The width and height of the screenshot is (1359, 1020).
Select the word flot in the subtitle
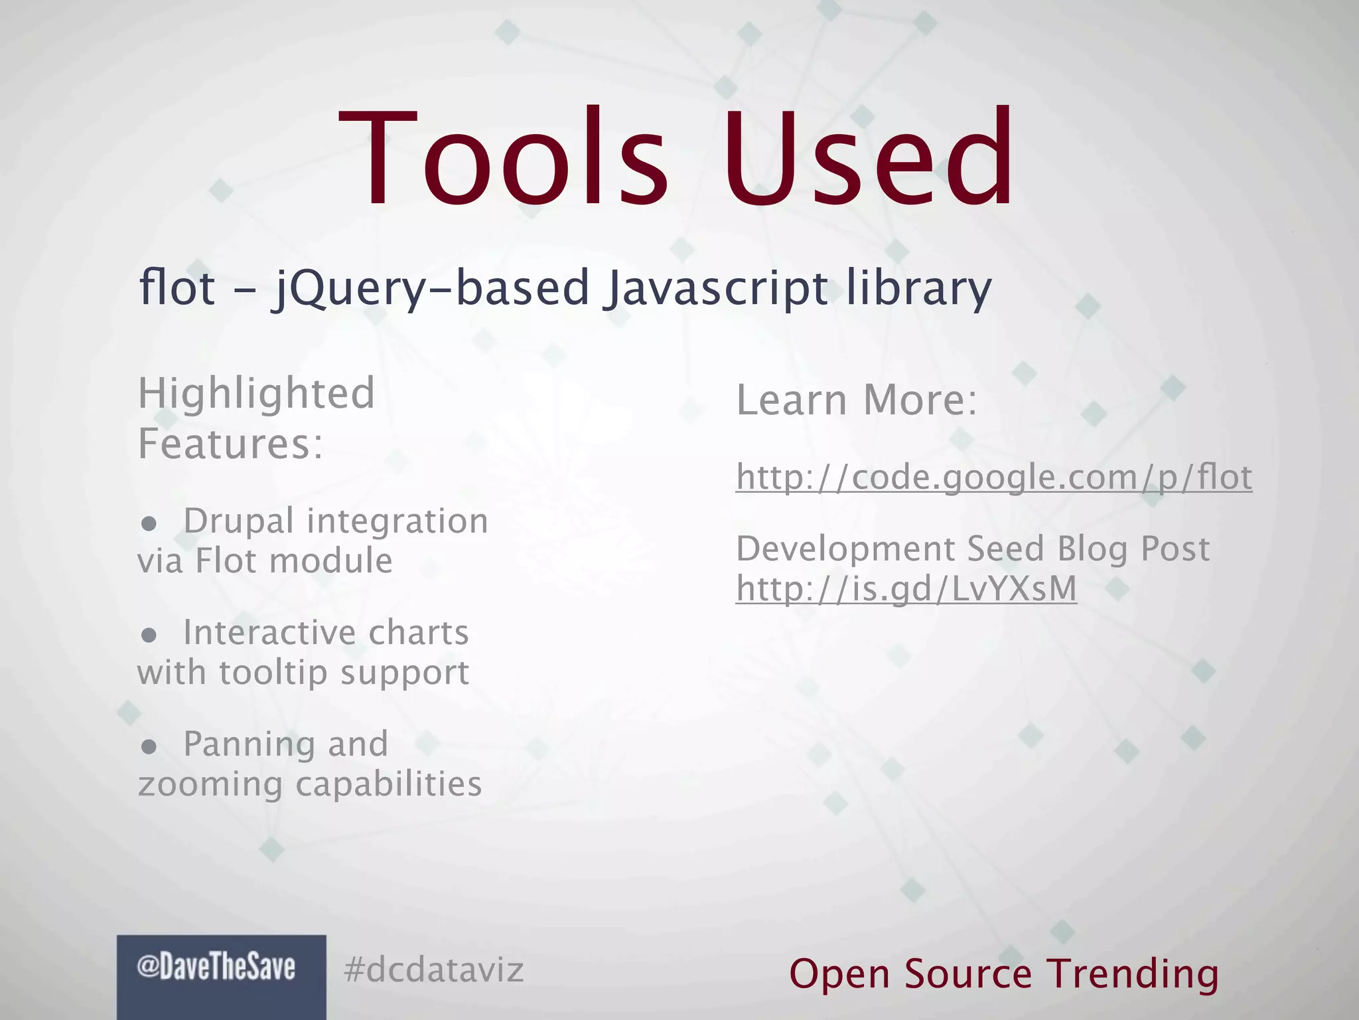[177, 288]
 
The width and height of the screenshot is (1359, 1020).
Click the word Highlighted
[256, 394]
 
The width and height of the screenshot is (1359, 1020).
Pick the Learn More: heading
[857, 400]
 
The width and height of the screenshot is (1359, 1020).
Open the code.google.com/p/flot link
[994, 477]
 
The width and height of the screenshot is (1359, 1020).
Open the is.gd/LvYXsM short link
[906, 589]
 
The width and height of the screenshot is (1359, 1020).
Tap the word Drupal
[238, 521]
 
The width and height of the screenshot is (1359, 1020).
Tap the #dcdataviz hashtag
[434, 970]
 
